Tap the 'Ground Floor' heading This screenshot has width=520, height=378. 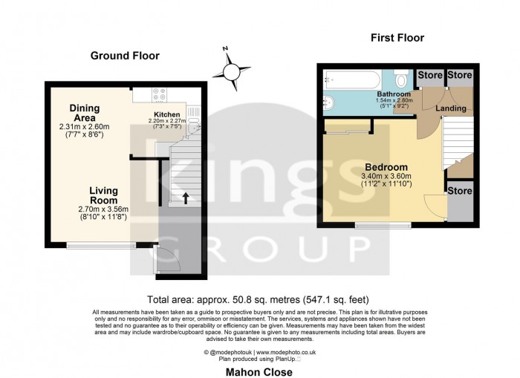coord(125,56)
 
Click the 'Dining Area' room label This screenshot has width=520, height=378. coord(85,113)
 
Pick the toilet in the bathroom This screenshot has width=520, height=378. coord(402,79)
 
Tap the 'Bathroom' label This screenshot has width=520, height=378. coord(393,94)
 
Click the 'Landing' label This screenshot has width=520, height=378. coord(450,108)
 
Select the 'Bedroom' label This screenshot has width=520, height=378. coord(386,166)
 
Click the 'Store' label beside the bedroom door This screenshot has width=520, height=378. coord(459,191)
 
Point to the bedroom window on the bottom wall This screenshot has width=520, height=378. coord(382,224)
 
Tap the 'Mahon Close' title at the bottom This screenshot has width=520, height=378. coord(259,371)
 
